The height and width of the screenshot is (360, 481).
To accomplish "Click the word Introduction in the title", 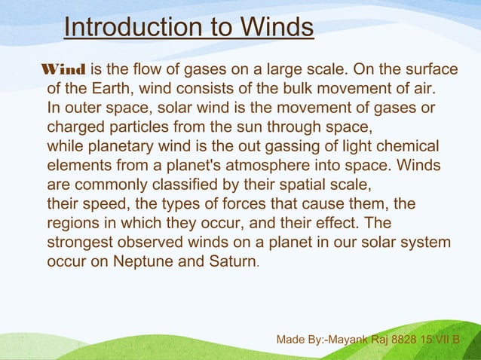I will click(x=123, y=28).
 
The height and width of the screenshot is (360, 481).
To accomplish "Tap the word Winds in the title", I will click(x=276, y=28).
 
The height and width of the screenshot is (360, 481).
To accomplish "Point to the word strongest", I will click(x=81, y=243).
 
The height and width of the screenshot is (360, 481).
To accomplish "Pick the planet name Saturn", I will click(x=231, y=263).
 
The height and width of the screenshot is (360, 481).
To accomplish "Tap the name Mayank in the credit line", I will click(x=354, y=340).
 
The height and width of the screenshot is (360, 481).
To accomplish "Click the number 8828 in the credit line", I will click(x=418, y=340).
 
